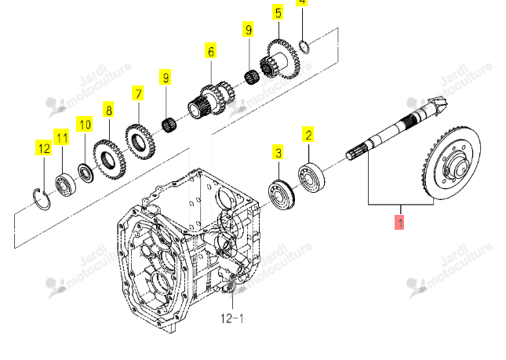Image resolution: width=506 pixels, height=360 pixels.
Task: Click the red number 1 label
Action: click(x=399, y=223)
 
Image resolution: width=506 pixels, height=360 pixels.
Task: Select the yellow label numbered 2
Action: click(x=308, y=134)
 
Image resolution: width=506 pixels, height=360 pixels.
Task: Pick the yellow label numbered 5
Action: click(x=278, y=13)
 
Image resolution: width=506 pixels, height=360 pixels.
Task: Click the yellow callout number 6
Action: click(x=211, y=51)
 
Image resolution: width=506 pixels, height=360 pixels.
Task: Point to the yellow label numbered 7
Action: click(x=138, y=93)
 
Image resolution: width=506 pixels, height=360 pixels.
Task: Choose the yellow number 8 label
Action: click(x=109, y=110)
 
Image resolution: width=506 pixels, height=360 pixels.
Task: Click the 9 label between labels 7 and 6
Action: click(x=166, y=77)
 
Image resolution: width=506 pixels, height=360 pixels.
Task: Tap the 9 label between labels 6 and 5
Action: click(x=248, y=29)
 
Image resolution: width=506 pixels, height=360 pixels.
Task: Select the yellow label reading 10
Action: click(x=85, y=124)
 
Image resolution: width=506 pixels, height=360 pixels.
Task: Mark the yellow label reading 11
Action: click(x=61, y=137)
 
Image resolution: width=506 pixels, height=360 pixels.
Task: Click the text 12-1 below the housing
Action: click(x=231, y=318)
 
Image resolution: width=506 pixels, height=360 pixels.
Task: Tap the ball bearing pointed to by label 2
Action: click(x=311, y=178)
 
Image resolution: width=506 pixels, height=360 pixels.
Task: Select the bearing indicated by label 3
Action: click(x=282, y=195)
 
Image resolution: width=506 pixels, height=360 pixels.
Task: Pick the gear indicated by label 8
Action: click(x=110, y=159)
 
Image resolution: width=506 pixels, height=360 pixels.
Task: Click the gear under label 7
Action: click(x=140, y=141)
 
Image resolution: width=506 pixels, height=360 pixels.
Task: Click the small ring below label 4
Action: click(x=304, y=47)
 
